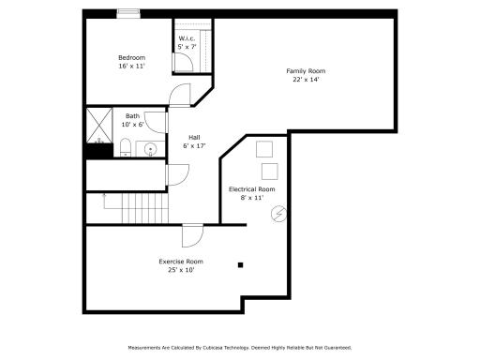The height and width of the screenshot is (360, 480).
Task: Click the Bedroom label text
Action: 131,57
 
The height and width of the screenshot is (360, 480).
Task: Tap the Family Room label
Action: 307,71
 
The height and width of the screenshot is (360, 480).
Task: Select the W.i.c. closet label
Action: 186,38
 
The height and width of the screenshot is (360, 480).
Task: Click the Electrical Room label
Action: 252,189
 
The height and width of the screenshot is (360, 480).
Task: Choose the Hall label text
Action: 193,137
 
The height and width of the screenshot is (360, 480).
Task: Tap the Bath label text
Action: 132,116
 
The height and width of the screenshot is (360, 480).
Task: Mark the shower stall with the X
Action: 98,122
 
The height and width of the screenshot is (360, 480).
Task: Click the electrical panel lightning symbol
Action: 277,214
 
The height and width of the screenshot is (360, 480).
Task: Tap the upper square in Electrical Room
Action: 264,147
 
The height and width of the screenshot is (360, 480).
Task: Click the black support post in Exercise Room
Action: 241,264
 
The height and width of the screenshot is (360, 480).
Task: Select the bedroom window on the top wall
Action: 129,13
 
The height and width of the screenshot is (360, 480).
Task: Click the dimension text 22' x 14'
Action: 307,80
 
